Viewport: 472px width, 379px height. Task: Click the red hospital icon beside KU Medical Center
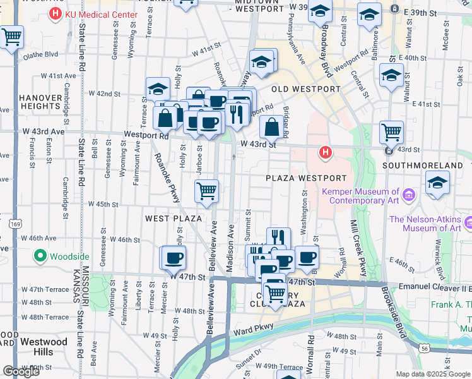click(56, 14)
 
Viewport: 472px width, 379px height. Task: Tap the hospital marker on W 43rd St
click(325, 152)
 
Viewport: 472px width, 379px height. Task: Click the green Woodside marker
click(41, 256)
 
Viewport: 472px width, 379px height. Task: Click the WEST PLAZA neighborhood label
click(173, 219)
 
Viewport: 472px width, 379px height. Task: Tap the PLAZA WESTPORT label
click(306, 178)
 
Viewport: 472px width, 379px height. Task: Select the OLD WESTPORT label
click(306, 89)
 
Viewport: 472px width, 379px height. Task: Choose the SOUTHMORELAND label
click(423, 165)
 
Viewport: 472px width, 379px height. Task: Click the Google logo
click(20, 371)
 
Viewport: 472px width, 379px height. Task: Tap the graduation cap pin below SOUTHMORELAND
click(438, 184)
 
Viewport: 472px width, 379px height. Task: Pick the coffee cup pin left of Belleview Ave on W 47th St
click(174, 258)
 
